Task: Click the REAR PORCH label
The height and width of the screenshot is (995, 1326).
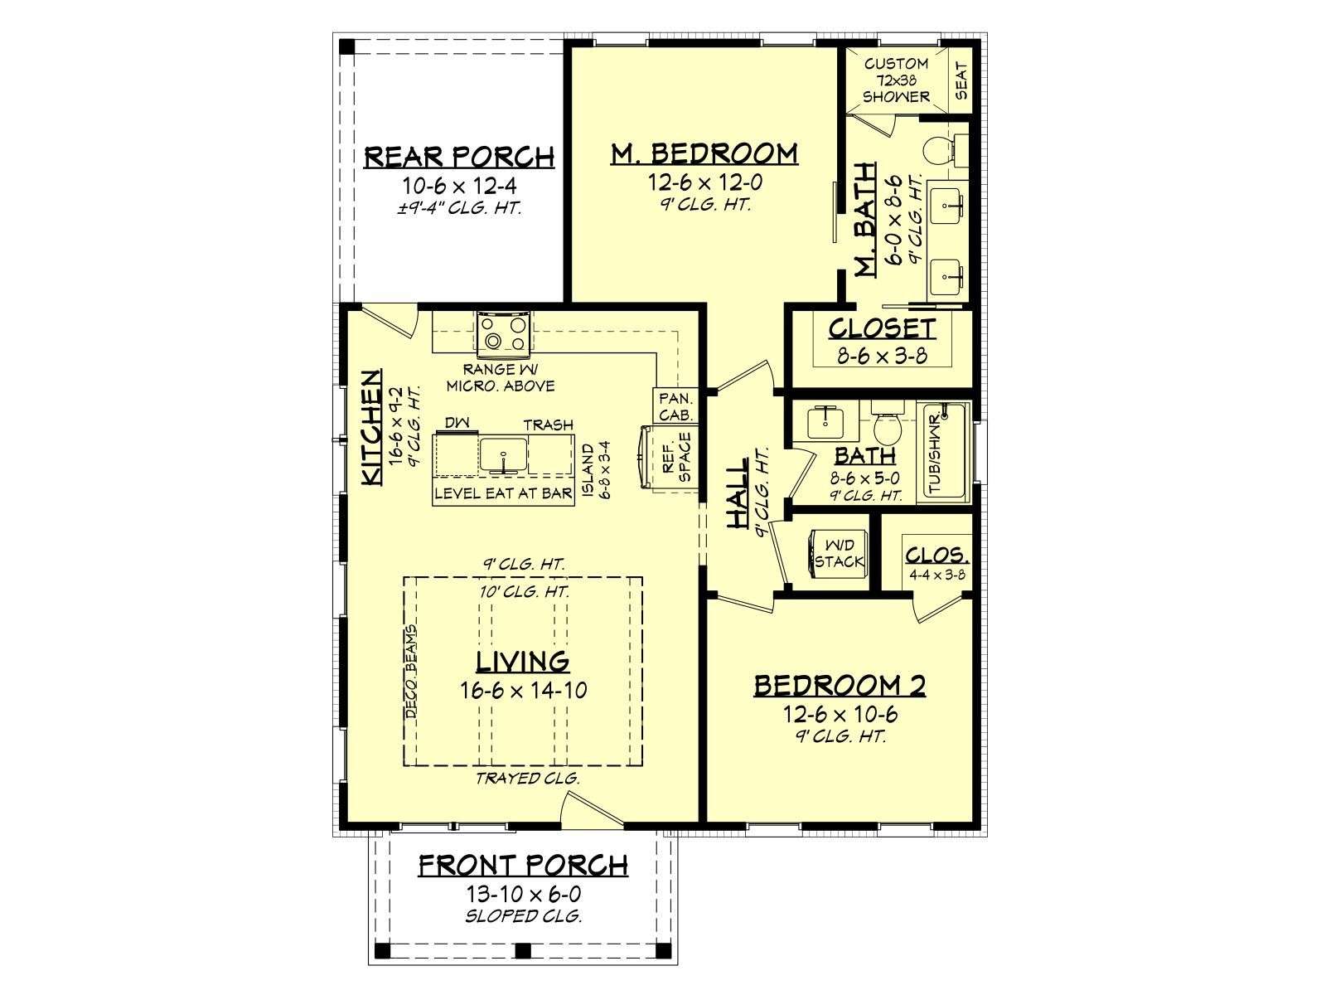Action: pyautogui.click(x=459, y=157)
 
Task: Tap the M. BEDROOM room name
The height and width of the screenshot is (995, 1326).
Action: pyautogui.click(x=704, y=153)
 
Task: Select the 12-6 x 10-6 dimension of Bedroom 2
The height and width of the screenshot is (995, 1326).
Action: pyautogui.click(x=840, y=715)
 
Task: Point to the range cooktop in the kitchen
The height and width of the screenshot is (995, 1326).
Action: pyautogui.click(x=503, y=334)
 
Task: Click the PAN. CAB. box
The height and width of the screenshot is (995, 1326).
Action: pyautogui.click(x=675, y=406)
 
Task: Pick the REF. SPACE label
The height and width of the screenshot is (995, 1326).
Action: pyautogui.click(x=676, y=458)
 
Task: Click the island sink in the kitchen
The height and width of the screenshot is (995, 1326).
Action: pyautogui.click(x=503, y=455)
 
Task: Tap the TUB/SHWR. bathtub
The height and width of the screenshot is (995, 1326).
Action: pyautogui.click(x=943, y=452)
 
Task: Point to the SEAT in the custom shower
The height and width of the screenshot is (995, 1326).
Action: pyautogui.click(x=961, y=81)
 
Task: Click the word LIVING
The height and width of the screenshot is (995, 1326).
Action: pyautogui.click(x=523, y=663)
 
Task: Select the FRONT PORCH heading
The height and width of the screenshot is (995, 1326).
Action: pyautogui.click(x=523, y=866)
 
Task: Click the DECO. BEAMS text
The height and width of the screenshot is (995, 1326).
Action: pyautogui.click(x=411, y=671)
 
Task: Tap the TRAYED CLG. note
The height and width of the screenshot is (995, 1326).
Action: pyautogui.click(x=527, y=778)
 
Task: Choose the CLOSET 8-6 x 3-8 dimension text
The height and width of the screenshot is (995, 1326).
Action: pyautogui.click(x=882, y=356)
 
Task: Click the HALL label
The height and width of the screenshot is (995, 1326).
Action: pyautogui.click(x=737, y=493)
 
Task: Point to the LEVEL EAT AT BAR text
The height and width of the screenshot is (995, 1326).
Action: pyautogui.click(x=503, y=493)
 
